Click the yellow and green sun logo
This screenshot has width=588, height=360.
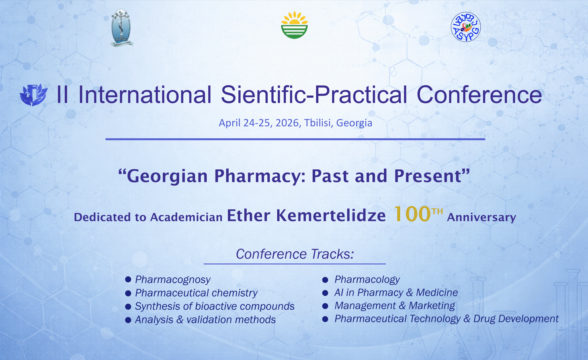tap(294, 25)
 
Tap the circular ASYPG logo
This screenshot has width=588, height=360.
tap(466, 27)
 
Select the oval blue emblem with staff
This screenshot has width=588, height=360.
tap(121, 28)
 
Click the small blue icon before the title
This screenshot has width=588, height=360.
tap(34, 95)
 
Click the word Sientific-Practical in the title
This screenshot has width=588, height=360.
tap(314, 95)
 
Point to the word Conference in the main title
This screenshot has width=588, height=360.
tap(479, 95)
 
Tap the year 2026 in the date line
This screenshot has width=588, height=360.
tap(287, 123)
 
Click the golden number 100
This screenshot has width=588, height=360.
tap(412, 214)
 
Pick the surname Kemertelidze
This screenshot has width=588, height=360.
tap(331, 216)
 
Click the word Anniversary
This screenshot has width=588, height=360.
tap(481, 217)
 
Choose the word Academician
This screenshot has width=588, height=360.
tap(186, 217)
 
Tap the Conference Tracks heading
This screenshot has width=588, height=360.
tap(295, 254)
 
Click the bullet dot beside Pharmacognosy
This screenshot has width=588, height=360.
tap(128, 279)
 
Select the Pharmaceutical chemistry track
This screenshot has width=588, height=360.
tap(196, 293)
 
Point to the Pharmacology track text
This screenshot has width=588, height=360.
tap(367, 280)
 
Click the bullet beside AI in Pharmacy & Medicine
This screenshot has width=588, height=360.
tap(325, 293)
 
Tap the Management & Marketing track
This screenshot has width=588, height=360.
tap(395, 306)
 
